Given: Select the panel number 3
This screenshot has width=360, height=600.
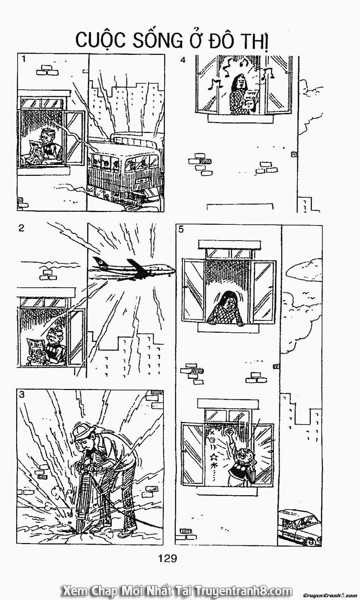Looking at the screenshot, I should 22,394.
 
